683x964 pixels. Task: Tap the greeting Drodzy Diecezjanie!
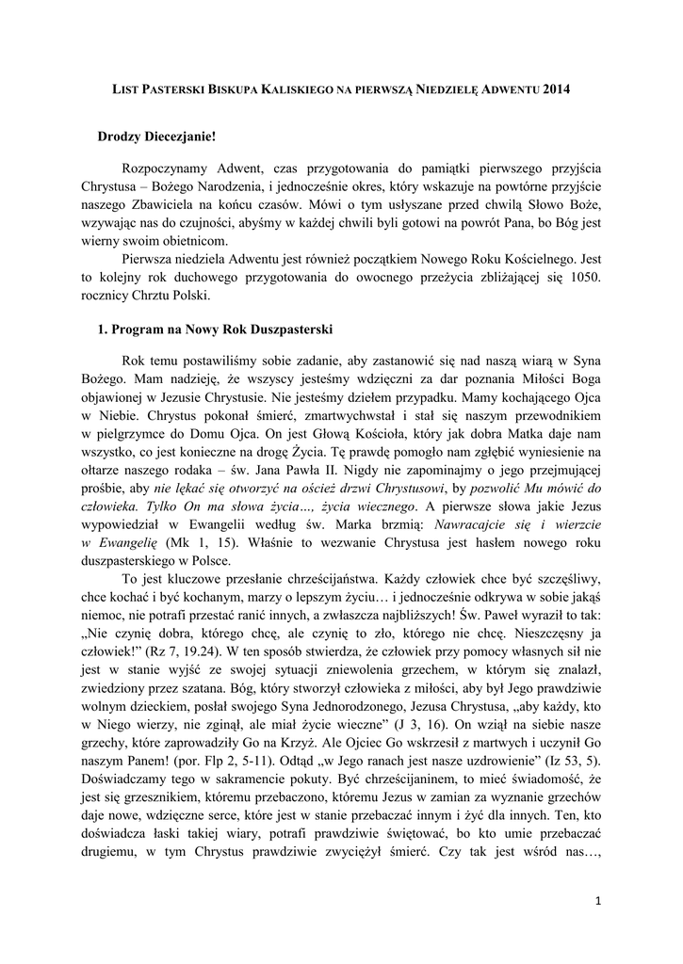[x=156, y=137]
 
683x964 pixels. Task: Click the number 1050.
[x=577, y=280]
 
